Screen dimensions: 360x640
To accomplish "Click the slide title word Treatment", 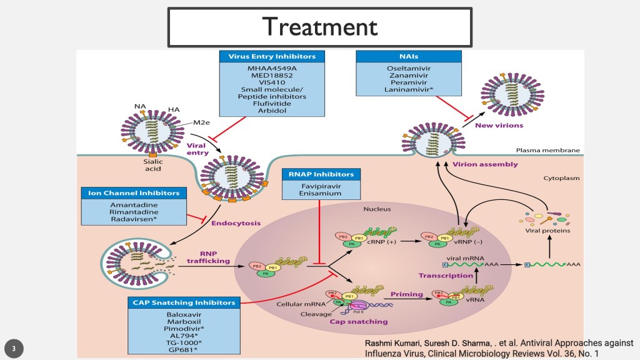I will click(x=319, y=26).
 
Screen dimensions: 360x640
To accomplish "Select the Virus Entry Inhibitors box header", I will click(x=272, y=56).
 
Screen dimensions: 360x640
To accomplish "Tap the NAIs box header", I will click(x=409, y=56).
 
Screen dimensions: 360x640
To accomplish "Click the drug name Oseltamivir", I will click(x=409, y=67).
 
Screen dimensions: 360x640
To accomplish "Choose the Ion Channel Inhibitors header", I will click(x=134, y=193).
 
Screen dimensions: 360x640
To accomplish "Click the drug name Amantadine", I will click(x=134, y=204).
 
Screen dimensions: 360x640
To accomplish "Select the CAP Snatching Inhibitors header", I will click(x=184, y=302).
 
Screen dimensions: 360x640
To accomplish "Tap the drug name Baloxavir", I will click(x=184, y=314).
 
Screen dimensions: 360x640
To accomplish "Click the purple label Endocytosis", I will click(x=235, y=222).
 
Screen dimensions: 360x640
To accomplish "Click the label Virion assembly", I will click(x=494, y=164).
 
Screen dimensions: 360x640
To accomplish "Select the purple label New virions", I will click(x=499, y=125).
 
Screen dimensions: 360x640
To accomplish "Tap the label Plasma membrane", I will click(x=547, y=150).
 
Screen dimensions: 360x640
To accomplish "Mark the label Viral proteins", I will click(x=547, y=230).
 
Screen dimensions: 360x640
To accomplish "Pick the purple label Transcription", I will click(x=446, y=275).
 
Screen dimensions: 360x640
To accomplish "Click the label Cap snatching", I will click(x=358, y=321).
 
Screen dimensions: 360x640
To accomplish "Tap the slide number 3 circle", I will click(x=13, y=347).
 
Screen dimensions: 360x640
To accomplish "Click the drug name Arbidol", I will click(x=272, y=111).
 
